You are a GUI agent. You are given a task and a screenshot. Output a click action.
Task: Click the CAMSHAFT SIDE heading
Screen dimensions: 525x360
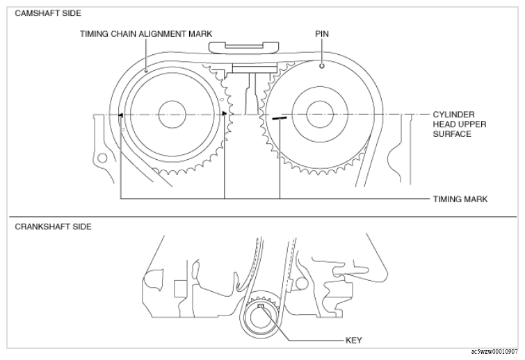pos(48,13)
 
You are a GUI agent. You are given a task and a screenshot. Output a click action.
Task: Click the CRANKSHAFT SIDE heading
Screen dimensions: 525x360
pos(53,227)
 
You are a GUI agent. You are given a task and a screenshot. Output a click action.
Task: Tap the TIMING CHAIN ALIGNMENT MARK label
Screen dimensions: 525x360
pos(146,34)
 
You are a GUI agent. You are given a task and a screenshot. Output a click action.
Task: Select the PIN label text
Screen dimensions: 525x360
pos(322,34)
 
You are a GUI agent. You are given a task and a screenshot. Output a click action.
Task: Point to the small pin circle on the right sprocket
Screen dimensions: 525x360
pos(322,66)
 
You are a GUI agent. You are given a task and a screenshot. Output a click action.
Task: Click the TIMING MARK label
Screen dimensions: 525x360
pos(460,199)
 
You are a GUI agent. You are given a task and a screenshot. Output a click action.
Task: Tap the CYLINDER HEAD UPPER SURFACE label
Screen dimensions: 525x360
pos(460,124)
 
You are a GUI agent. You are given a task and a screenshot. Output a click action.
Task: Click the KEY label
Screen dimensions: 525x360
pos(353,341)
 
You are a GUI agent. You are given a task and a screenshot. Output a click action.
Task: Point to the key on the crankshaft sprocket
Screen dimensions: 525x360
pos(261,306)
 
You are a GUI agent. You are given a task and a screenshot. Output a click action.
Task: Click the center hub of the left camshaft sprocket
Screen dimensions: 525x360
pos(172,115)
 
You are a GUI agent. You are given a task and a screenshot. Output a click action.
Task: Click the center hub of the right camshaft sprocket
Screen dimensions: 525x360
pos(320,115)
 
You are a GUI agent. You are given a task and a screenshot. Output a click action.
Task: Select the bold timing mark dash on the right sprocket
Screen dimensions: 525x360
pos(280,117)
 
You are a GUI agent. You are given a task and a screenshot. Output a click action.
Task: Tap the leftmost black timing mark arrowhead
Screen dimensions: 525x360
pos(121,115)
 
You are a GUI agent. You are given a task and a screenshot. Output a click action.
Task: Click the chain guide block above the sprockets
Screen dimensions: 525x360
pos(243,47)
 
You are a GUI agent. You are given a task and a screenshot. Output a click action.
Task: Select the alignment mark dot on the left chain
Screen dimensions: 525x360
pos(146,71)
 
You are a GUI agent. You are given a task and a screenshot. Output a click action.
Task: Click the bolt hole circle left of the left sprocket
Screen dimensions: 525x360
pos(102,158)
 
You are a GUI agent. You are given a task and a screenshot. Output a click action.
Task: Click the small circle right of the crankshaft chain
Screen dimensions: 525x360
pos(301,284)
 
